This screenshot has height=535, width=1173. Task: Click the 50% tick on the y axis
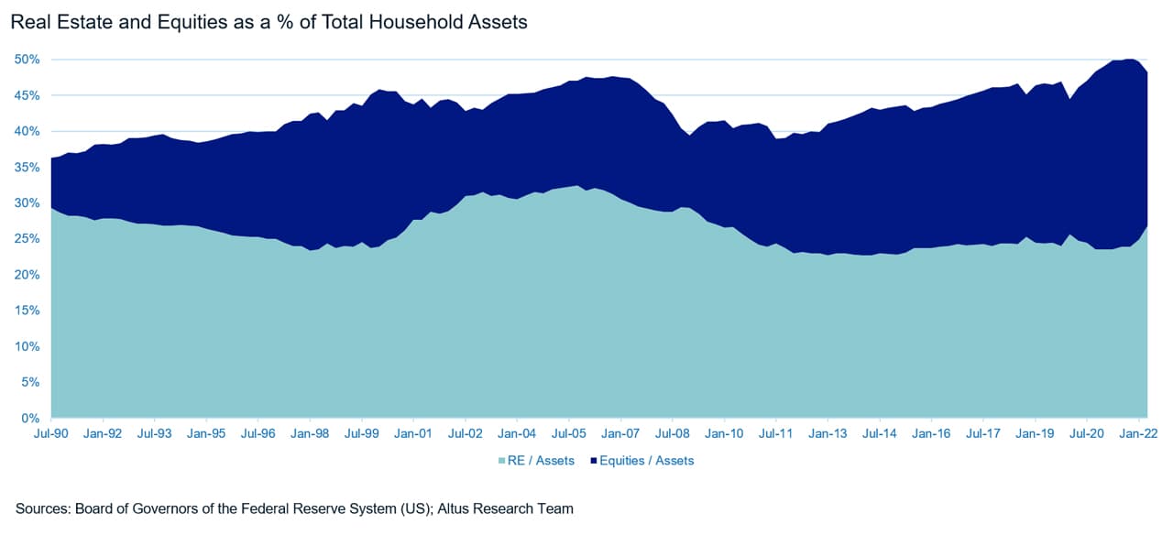(x=27, y=60)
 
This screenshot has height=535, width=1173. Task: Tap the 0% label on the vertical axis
(x=30, y=419)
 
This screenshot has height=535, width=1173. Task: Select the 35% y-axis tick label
(x=27, y=167)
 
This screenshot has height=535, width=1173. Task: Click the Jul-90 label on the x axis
(x=51, y=434)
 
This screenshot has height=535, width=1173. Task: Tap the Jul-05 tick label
(x=568, y=434)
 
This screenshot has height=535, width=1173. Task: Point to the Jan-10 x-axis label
(x=724, y=434)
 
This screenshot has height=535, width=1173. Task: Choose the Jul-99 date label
(x=362, y=434)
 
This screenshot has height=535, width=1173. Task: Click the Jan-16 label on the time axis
(x=930, y=434)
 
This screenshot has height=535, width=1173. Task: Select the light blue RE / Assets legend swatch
(x=503, y=461)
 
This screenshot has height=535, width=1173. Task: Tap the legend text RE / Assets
(x=543, y=461)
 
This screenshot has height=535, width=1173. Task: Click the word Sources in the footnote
(x=43, y=508)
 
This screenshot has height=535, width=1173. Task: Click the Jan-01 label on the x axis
(x=413, y=434)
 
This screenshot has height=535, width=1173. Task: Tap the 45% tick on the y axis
(x=27, y=95)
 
